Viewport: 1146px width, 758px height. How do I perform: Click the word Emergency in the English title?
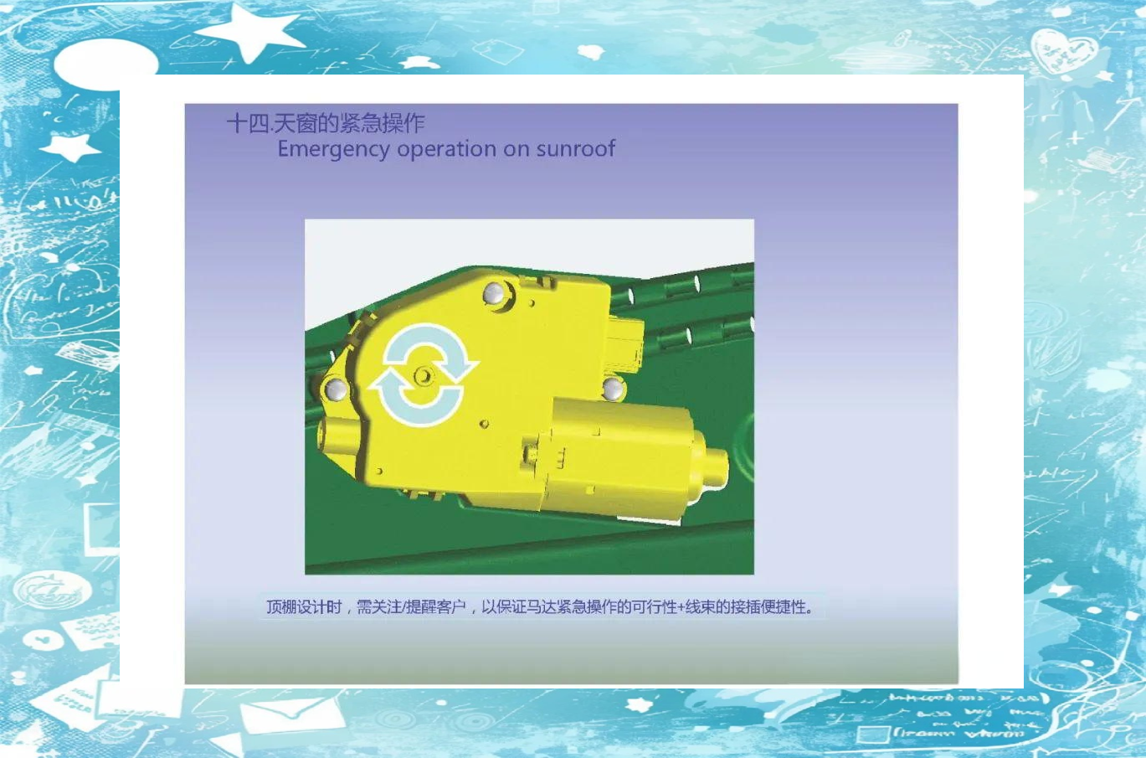(x=333, y=149)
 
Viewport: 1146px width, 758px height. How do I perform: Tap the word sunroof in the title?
(x=576, y=148)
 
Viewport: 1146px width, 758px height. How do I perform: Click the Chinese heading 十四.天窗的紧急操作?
(x=326, y=123)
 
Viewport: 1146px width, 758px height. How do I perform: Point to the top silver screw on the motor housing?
(x=494, y=293)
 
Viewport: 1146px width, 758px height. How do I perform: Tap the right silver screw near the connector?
(x=613, y=389)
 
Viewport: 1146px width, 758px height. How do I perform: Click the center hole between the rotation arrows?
(x=424, y=377)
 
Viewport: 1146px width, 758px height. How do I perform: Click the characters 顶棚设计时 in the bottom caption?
(x=304, y=607)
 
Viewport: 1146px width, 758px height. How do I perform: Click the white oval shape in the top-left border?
(x=106, y=64)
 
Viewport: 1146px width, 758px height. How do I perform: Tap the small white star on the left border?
(x=70, y=147)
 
